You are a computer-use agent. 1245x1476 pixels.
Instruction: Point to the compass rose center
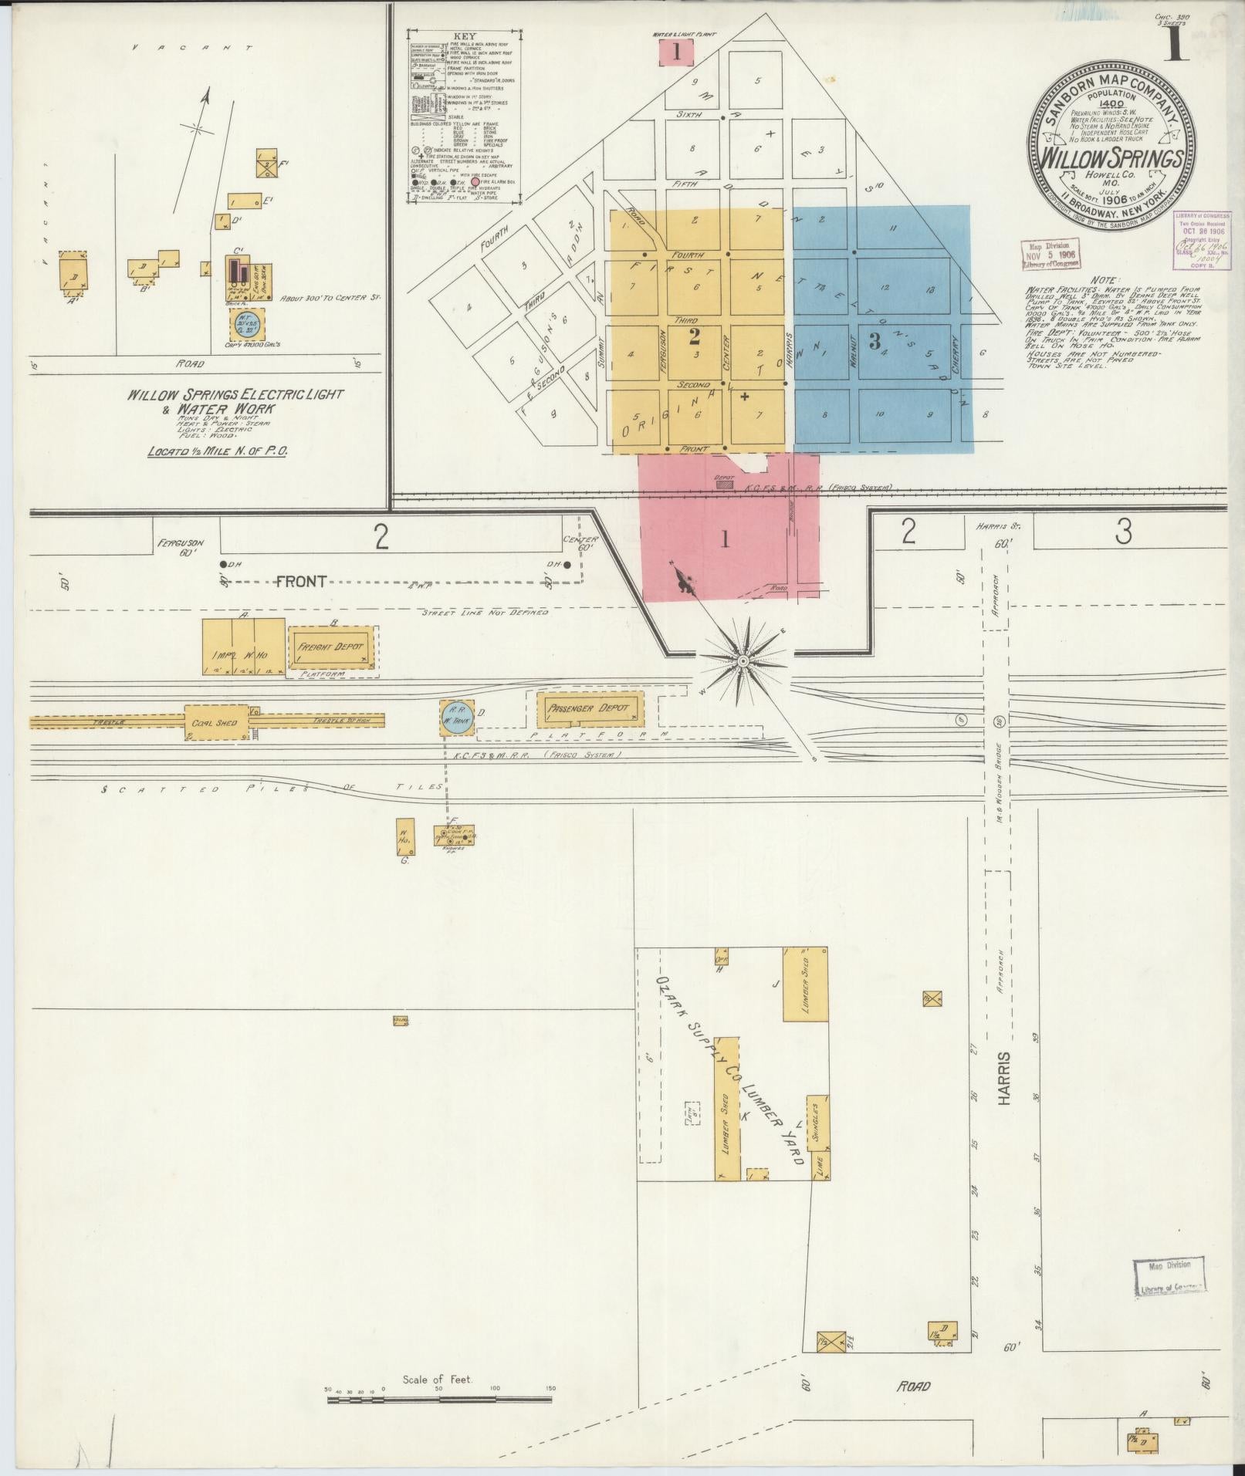(743, 661)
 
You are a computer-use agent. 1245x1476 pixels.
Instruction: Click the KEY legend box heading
(465, 37)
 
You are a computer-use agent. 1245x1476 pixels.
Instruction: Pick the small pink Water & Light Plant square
(677, 53)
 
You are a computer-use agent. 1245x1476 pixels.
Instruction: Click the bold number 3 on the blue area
(875, 341)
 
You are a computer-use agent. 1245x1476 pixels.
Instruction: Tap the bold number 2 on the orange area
(694, 336)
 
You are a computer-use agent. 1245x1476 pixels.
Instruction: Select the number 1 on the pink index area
(724, 539)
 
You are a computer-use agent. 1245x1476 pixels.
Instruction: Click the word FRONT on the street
(301, 582)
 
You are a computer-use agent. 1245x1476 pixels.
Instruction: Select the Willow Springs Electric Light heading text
(235, 394)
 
